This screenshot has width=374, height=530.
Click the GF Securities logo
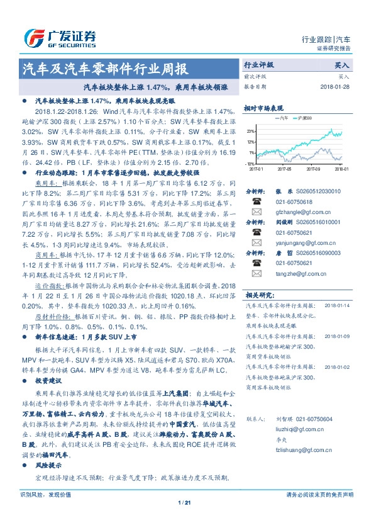click(x=60, y=37)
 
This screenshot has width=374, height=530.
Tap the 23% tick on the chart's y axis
click(x=251, y=131)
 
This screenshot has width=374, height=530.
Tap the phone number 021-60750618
click(x=294, y=201)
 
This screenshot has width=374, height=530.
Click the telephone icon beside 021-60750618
click(x=256, y=201)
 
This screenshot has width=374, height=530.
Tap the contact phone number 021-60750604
click(x=314, y=419)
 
